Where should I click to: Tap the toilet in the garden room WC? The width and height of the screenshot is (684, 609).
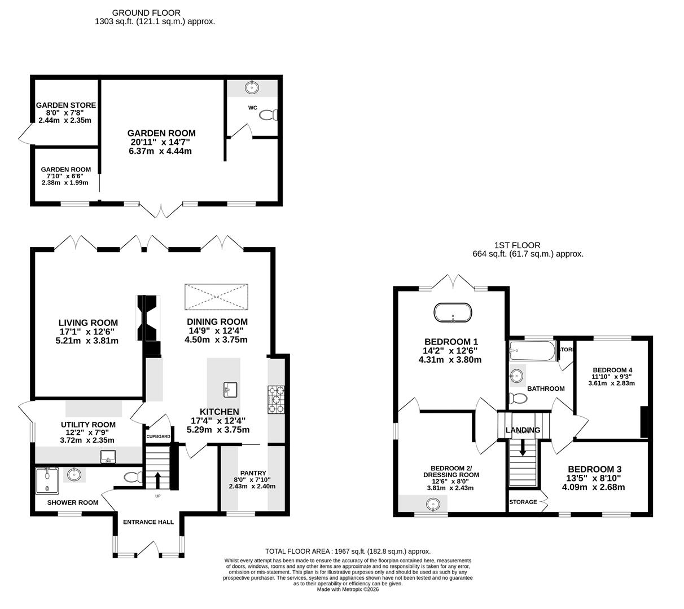[268, 115]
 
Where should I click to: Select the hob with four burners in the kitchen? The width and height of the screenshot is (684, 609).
[275, 399]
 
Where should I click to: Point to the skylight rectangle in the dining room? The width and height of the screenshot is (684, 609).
[216, 297]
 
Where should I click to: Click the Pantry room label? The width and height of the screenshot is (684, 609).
[252, 473]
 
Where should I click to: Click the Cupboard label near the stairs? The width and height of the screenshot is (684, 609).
[159, 436]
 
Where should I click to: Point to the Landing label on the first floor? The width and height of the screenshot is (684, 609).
[523, 430]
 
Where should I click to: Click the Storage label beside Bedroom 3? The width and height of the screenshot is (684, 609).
[523, 502]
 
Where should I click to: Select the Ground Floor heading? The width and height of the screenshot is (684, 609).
[146, 12]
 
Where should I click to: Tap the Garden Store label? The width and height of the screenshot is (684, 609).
[66, 105]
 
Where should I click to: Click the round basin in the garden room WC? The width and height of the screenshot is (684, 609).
[252, 87]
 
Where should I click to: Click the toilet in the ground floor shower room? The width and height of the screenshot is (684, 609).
[133, 478]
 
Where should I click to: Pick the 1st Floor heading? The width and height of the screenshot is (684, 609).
[517, 245]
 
